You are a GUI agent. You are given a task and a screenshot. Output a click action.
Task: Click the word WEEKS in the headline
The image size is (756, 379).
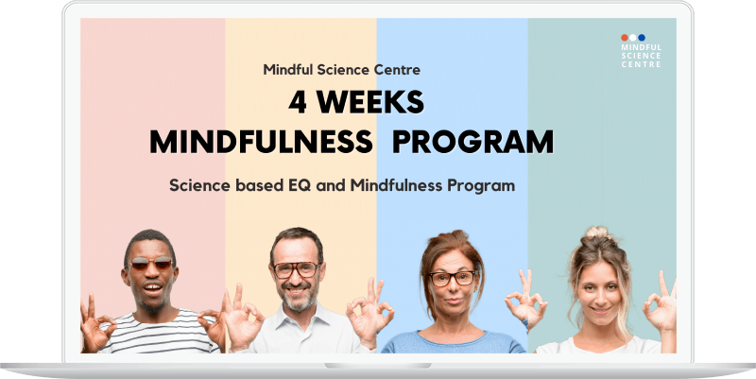click(370, 103)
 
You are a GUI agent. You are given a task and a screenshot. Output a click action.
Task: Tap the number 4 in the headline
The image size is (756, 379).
click(298, 103)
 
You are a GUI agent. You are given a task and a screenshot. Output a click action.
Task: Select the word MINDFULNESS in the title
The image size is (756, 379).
click(261, 143)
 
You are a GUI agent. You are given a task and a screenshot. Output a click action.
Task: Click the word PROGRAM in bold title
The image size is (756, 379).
click(472, 143)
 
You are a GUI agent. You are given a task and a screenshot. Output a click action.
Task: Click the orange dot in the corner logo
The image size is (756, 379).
click(625, 38)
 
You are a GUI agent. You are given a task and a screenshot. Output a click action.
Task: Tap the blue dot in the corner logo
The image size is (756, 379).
click(642, 38)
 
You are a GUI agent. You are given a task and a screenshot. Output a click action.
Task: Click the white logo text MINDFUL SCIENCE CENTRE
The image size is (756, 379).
click(642, 56)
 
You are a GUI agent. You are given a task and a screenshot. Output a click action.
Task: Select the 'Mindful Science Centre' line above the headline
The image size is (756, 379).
click(341, 70)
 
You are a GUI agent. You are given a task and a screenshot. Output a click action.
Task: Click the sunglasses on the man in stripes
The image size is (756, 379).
click(151, 264)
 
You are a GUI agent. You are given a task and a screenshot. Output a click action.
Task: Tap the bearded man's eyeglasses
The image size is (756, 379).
click(296, 269)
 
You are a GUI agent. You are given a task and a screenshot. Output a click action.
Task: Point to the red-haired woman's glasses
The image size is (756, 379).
click(452, 278)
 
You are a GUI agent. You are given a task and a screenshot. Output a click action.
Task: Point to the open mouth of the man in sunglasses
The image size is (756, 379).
click(153, 289)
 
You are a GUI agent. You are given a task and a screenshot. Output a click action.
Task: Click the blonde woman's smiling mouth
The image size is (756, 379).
click(601, 310)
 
